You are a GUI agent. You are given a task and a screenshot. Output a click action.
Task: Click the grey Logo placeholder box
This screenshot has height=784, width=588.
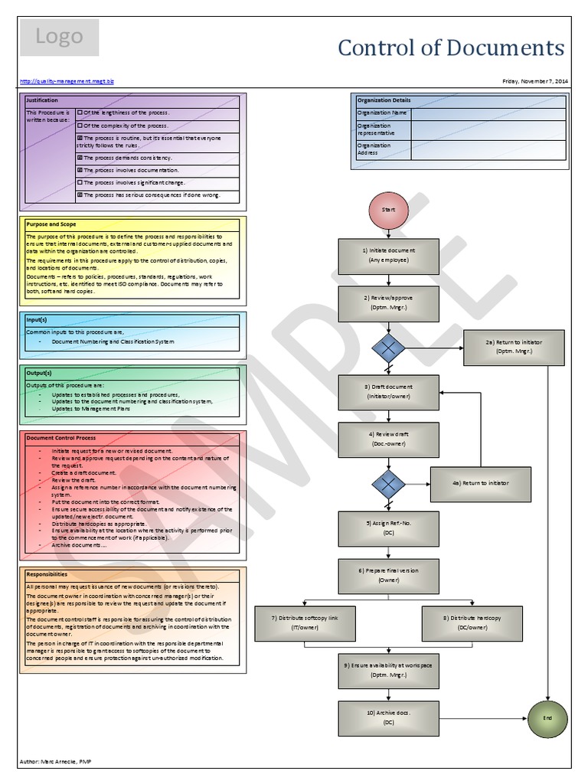(59, 38)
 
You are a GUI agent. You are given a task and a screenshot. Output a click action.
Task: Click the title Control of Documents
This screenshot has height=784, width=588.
(451, 47)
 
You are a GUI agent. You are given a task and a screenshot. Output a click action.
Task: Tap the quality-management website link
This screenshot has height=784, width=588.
(66, 80)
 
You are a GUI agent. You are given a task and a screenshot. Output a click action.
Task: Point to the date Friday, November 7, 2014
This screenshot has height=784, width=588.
(534, 80)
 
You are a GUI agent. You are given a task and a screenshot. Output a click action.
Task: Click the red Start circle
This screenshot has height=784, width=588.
(388, 208)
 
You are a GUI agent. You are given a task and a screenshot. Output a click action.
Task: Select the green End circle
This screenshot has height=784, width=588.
(547, 720)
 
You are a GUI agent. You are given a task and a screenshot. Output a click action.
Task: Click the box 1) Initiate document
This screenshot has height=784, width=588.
(388, 255)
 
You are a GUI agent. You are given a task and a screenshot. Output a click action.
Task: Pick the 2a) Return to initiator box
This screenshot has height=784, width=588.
(514, 347)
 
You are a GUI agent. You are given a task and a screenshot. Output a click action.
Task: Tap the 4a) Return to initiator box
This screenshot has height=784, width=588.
(480, 483)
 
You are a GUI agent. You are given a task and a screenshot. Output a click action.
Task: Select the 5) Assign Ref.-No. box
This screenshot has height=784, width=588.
(388, 529)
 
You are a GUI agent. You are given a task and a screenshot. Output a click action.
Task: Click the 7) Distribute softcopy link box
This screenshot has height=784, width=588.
(305, 622)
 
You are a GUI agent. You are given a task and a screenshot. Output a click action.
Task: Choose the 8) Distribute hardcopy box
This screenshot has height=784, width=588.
(472, 622)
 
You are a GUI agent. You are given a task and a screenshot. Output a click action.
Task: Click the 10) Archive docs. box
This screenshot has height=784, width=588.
(388, 717)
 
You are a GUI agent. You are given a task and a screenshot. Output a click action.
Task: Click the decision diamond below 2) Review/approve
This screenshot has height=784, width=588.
(388, 347)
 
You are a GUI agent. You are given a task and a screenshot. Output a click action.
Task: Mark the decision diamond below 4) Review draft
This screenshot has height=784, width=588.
(388, 483)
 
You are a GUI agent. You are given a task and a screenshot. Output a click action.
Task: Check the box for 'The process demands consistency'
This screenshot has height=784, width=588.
(80, 158)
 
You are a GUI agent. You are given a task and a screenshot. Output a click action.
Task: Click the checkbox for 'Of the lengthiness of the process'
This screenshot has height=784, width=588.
(80, 112)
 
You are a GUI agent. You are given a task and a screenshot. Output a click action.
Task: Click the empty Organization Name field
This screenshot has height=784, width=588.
(488, 113)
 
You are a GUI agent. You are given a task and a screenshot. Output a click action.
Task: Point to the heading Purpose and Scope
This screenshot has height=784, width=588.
(51, 224)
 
